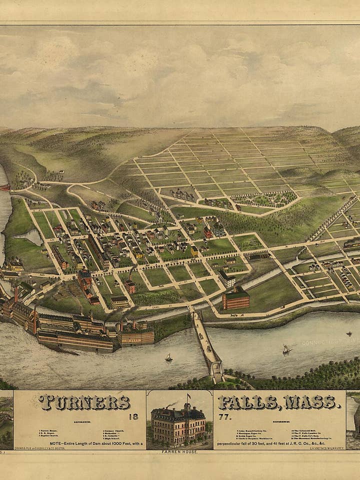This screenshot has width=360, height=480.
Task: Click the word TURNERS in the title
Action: tap(84, 402)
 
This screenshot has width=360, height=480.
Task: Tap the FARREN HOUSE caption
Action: tap(179, 452)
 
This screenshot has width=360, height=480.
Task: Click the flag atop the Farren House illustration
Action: tap(189, 398)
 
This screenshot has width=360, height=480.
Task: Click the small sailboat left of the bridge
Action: tap(169, 358)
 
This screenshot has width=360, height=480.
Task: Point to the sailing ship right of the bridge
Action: tap(286, 349)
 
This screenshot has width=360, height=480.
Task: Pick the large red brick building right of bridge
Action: tap(236, 299)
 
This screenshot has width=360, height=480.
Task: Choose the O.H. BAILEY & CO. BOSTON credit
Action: tap(42, 448)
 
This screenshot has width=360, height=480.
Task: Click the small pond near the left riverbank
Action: tap(30, 236)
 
